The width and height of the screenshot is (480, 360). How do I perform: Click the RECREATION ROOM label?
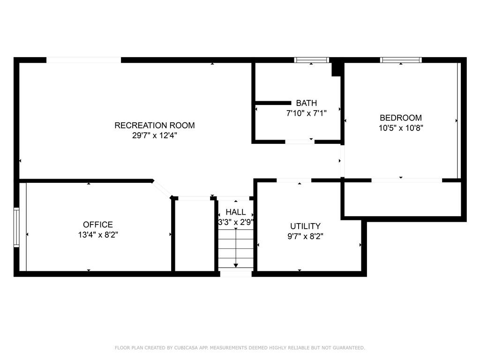pyautogui.click(x=154, y=125)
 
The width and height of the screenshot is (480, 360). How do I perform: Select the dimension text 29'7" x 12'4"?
pyautogui.click(x=154, y=135)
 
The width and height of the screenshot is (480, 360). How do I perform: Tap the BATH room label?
pyautogui.click(x=306, y=103)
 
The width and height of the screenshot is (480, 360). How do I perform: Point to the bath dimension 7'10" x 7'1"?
pyautogui.click(x=306, y=113)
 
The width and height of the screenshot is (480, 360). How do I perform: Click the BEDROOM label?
pyautogui.click(x=400, y=118)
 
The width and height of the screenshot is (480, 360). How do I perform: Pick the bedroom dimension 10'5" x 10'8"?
pyautogui.click(x=400, y=127)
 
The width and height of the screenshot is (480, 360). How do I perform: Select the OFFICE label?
pyautogui.click(x=98, y=225)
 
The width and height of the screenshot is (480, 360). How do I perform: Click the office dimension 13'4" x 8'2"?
pyautogui.click(x=98, y=235)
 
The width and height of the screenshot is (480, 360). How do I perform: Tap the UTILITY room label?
pyautogui.click(x=305, y=226)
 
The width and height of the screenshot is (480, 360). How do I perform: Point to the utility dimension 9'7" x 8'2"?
pyautogui.click(x=305, y=236)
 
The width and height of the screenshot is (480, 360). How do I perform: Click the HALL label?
pyautogui.click(x=235, y=212)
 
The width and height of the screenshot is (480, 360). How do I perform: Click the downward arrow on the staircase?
pyautogui.click(x=235, y=263)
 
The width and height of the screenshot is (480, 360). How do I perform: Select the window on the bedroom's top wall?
pyautogui.click(x=401, y=60)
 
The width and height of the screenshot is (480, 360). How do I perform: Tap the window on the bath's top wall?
pyautogui.click(x=312, y=60)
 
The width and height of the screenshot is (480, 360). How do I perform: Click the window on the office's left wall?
pyautogui.click(x=17, y=227)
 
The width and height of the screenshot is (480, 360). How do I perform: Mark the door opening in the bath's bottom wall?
pyautogui.click(x=300, y=141)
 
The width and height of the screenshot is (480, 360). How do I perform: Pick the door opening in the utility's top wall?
pyautogui.click(x=294, y=180)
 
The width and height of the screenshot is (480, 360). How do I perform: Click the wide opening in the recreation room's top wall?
pyautogui.click(x=83, y=60)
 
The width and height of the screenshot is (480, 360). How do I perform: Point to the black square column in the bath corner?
pyautogui.click(x=336, y=69)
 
